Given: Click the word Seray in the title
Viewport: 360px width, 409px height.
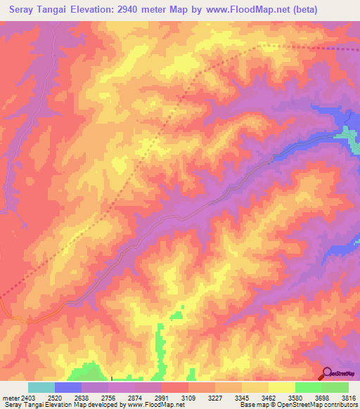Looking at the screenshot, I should pyautogui.click(x=23, y=10).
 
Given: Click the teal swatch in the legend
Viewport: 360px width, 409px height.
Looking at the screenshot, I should pyautogui.click(x=41, y=387).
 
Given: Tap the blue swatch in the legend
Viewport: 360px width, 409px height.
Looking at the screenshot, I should pyautogui.click(x=67, y=387).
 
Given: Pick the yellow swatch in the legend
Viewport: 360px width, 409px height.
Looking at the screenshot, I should pyautogui.click(x=281, y=387).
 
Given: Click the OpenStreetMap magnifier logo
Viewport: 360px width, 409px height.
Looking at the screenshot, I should pyautogui.click(x=327, y=372).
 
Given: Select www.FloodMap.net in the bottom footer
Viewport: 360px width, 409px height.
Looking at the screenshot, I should pyautogui.click(x=156, y=405).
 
